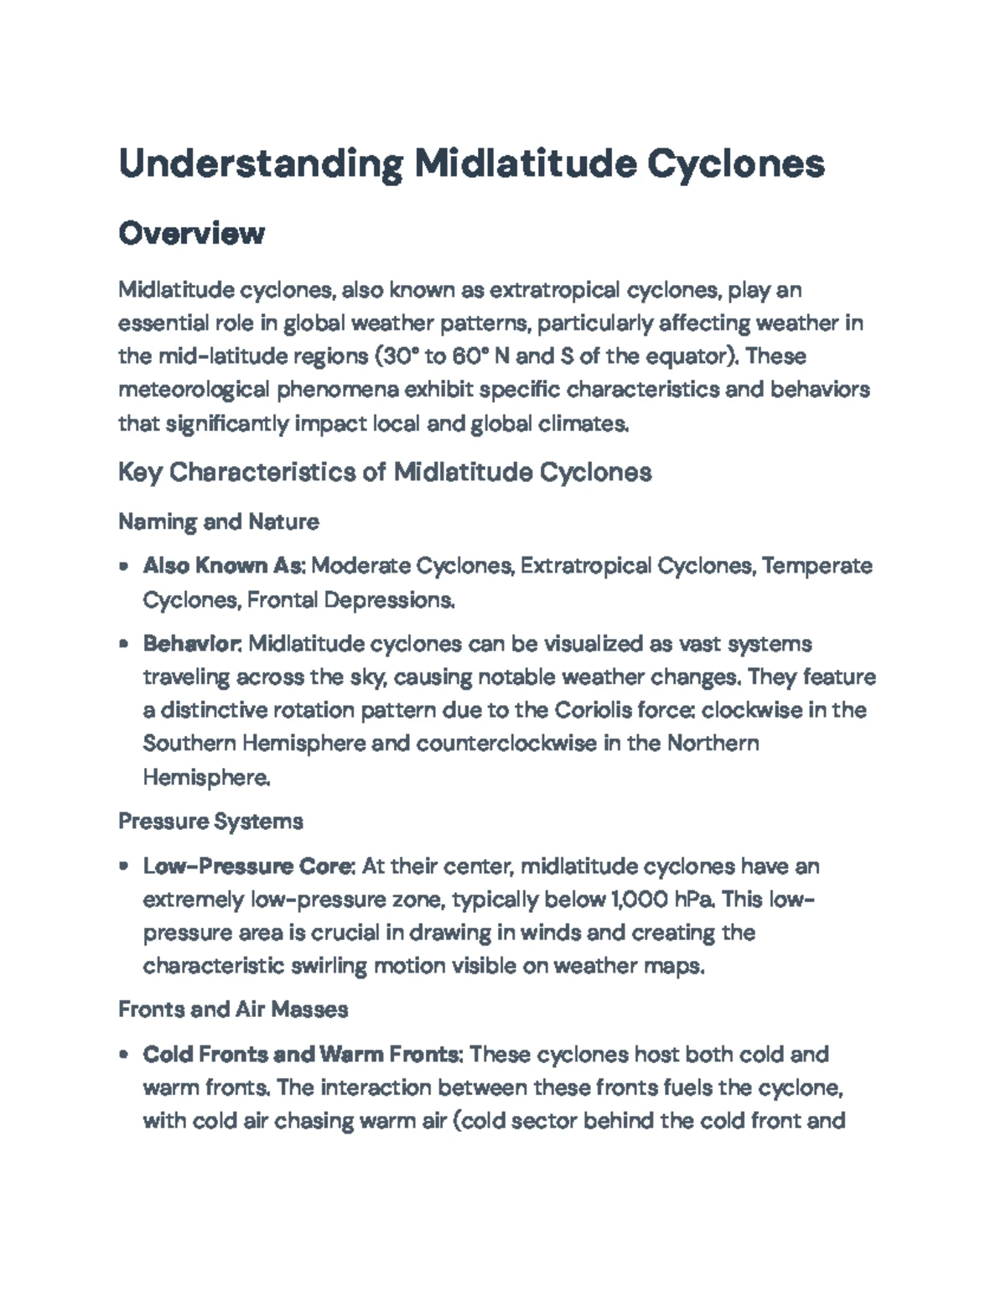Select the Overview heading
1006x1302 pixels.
[x=191, y=233]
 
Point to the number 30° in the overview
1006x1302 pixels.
[x=399, y=356]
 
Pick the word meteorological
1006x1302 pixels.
[x=194, y=390]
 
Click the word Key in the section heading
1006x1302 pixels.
[x=140, y=473]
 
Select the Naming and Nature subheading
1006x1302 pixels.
[x=218, y=521]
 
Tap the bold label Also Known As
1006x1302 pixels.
[x=223, y=566]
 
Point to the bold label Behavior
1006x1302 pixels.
[x=192, y=644]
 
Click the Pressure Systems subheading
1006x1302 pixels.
[x=210, y=821]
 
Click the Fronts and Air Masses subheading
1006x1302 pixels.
[x=233, y=1009]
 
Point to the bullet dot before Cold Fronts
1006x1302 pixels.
[x=124, y=1055]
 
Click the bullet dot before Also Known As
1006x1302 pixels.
[x=124, y=567]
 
